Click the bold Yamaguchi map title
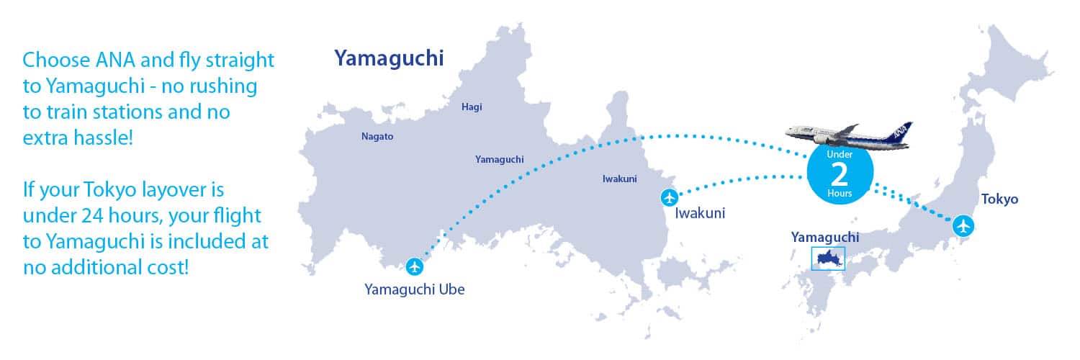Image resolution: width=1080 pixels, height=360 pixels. click(x=388, y=58)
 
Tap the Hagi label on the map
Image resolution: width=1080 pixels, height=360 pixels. click(x=472, y=107)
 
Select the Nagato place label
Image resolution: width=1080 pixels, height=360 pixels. click(x=377, y=136)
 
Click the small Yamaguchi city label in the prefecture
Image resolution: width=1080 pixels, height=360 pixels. click(x=499, y=159)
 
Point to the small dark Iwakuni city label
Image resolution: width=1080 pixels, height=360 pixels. click(x=619, y=179)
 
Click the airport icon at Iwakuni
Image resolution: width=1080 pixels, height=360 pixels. click(x=669, y=197)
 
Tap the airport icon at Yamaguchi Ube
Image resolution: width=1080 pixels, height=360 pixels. click(x=414, y=266)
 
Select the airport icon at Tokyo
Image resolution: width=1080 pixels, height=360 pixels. click(x=963, y=225)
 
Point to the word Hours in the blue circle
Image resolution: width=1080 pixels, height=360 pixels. click(x=840, y=194)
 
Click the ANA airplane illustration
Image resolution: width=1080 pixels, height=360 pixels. click(x=846, y=135)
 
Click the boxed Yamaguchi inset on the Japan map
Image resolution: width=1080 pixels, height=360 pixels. click(x=828, y=258)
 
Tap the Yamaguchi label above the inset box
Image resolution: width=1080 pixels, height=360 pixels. click(x=825, y=237)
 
